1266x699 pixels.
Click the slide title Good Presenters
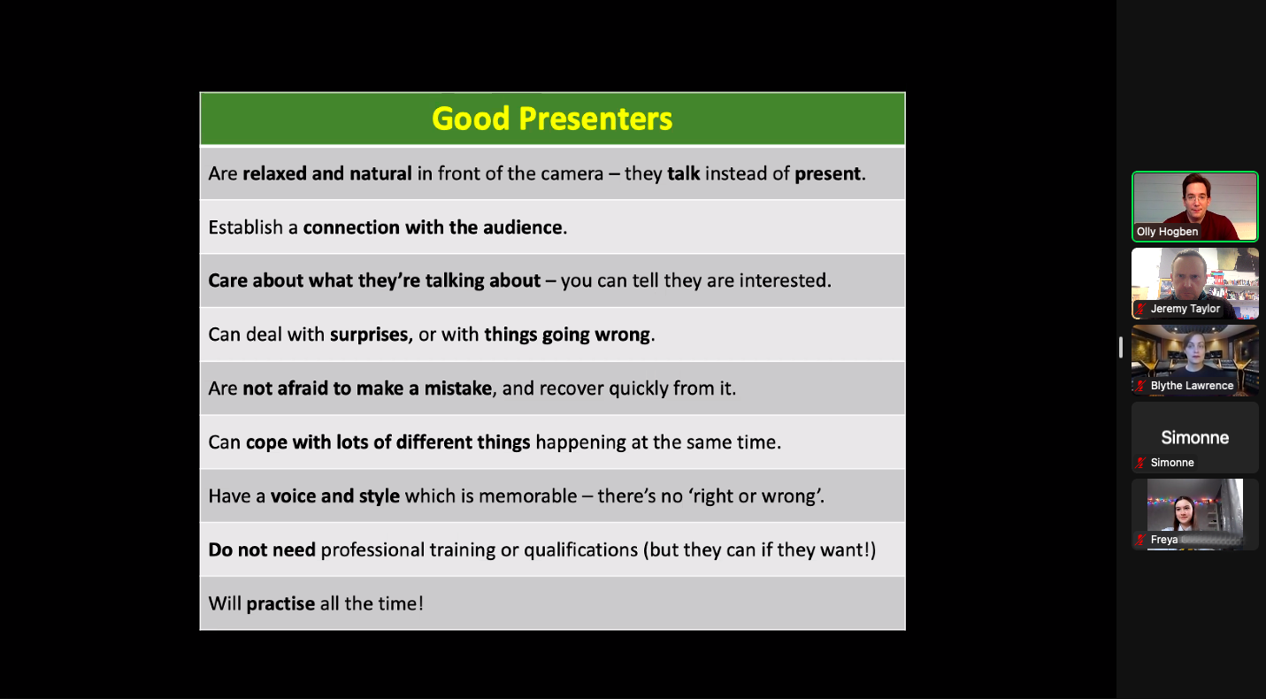[552, 119]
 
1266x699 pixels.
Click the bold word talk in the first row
[683, 173]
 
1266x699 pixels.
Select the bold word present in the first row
[827, 174]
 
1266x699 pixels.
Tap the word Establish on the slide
[245, 227]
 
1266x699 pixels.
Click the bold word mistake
[457, 388]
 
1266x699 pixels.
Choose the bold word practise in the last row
[280, 604]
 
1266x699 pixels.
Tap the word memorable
[528, 496]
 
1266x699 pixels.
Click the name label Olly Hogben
[1167, 232]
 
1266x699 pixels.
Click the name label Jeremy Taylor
[1185, 309]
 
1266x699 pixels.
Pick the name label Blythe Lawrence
[1192, 386]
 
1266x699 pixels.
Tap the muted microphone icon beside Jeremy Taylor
[1141, 309]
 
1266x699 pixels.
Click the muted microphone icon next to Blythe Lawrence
[1141, 386]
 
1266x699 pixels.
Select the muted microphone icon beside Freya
[1141, 540]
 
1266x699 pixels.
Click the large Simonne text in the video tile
[1195, 437]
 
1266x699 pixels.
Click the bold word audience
[522, 227]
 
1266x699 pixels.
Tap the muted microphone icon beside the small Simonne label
[1141, 463]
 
